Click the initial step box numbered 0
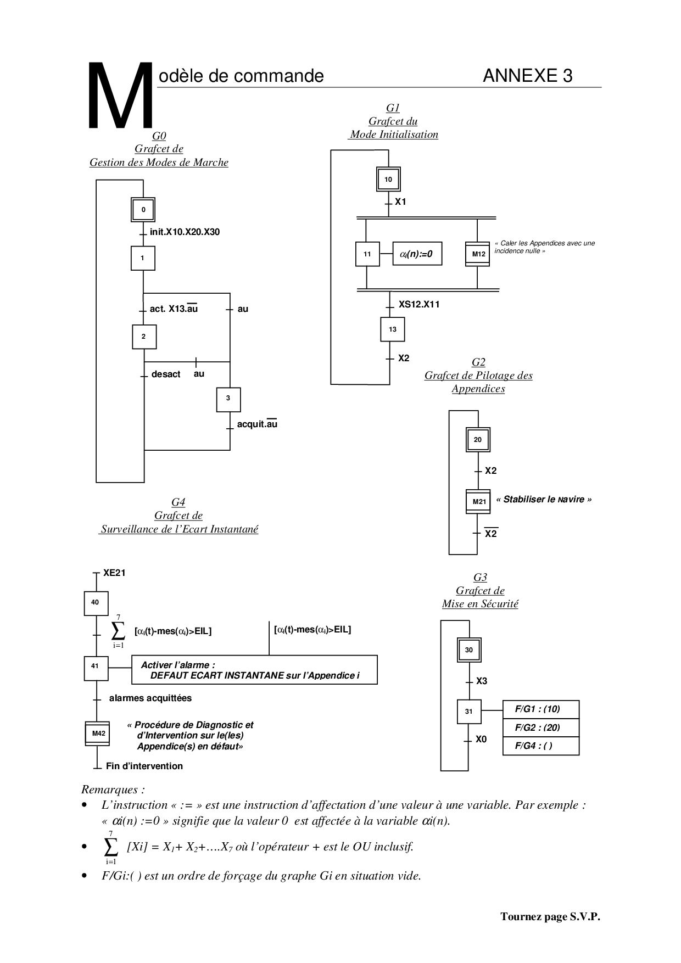(143, 210)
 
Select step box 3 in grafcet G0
(228, 399)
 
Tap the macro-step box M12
(478, 254)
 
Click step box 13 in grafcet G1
(392, 329)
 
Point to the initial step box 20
(478, 440)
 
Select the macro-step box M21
(478, 501)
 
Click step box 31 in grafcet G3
(469, 712)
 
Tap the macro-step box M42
(98, 734)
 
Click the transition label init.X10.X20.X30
(185, 232)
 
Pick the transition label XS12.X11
(419, 304)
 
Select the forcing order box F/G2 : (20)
(540, 727)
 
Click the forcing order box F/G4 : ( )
(540, 746)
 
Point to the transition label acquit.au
(257, 424)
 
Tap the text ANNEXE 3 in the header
(527, 76)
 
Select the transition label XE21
(114, 573)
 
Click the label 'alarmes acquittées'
(150, 698)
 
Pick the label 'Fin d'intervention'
(144, 766)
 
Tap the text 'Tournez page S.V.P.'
(550, 916)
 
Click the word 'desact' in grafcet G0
(166, 374)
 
